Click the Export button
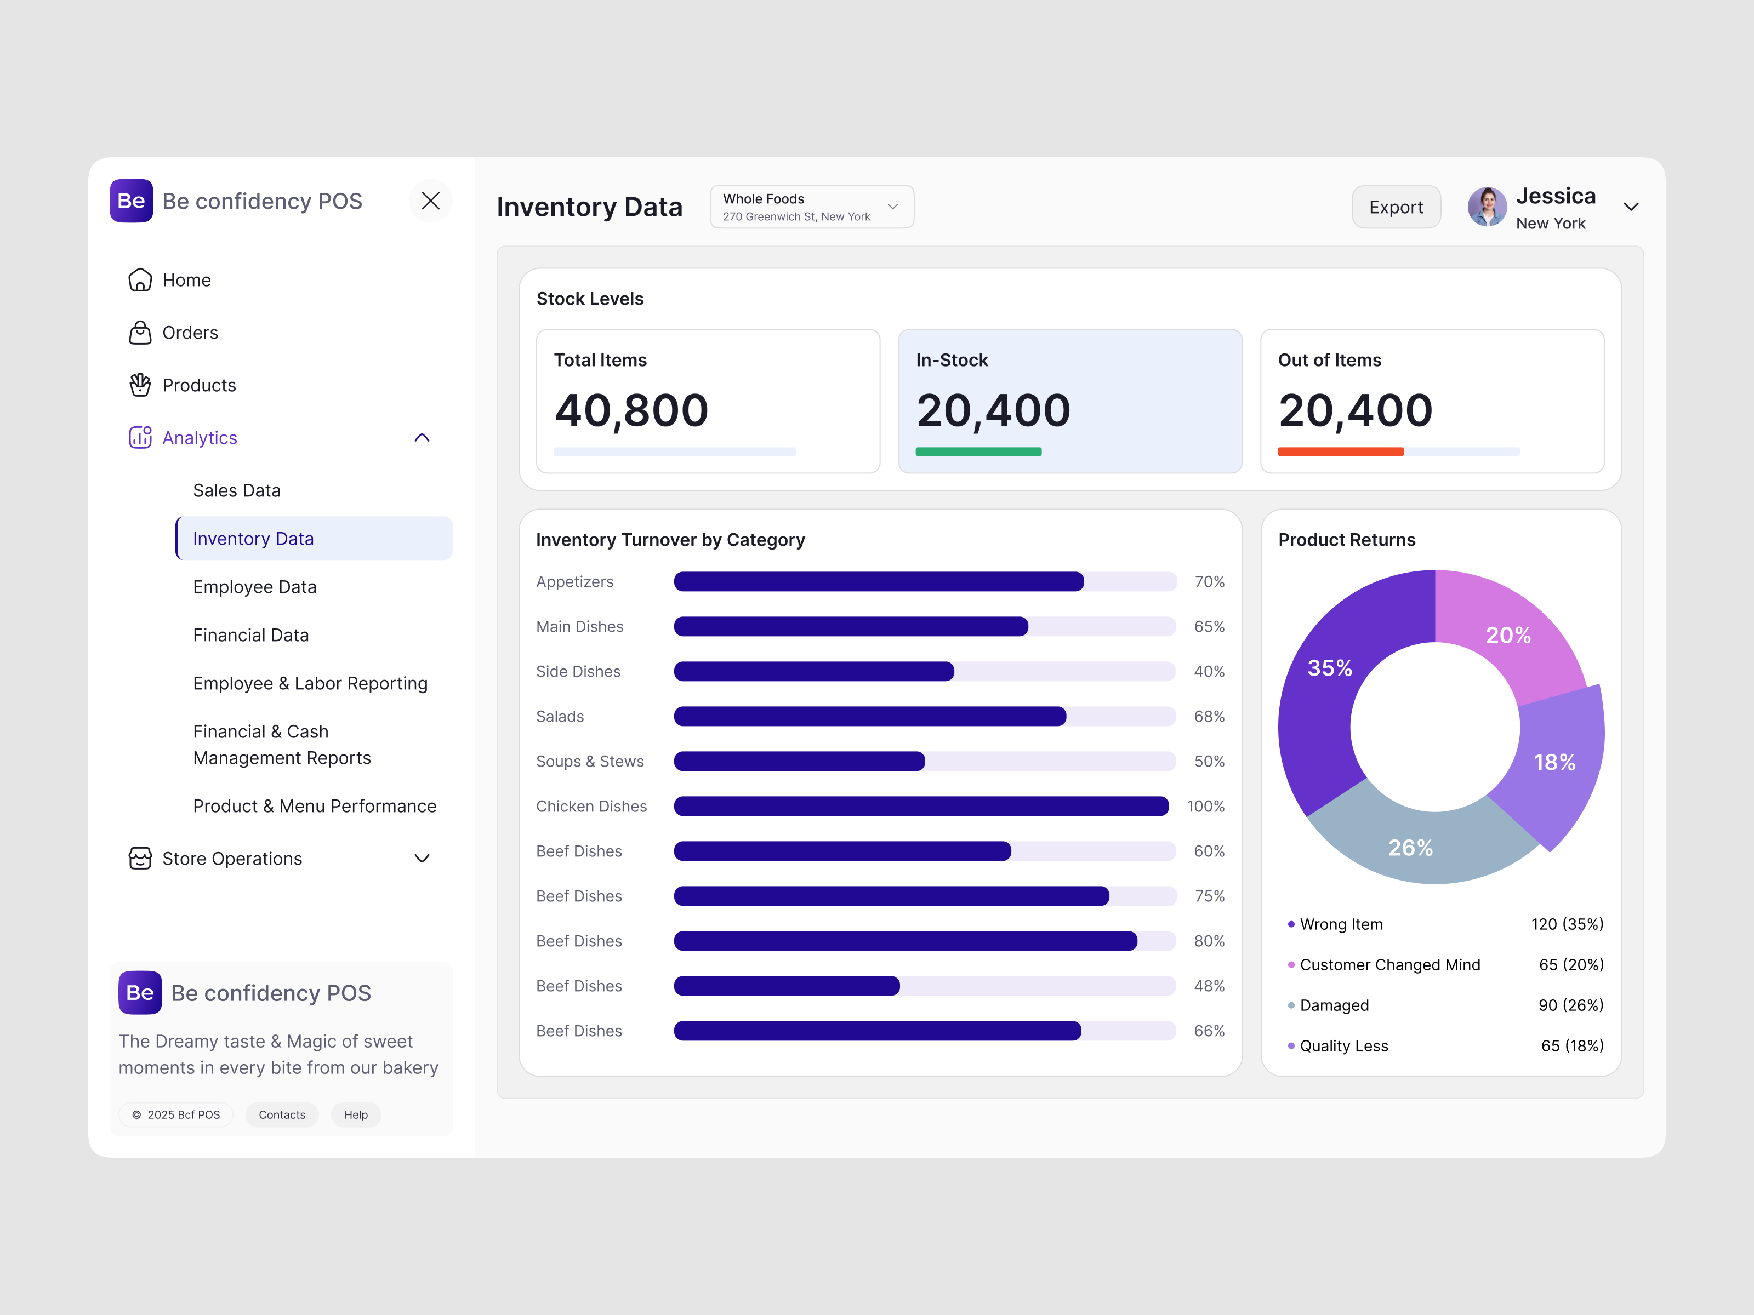point(1396,207)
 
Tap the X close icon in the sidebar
point(431,201)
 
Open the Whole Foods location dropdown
point(811,207)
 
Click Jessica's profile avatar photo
point(1486,207)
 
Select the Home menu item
point(186,280)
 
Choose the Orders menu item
point(190,333)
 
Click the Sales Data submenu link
point(236,490)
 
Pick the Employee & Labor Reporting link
point(310,683)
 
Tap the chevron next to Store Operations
point(422,859)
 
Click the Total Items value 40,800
point(631,410)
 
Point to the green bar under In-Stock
point(978,452)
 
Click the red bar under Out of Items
point(1340,452)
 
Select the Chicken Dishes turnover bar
point(921,806)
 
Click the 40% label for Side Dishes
point(1209,671)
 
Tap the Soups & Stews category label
point(590,761)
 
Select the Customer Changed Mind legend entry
point(1389,965)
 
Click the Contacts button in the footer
point(282,1114)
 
